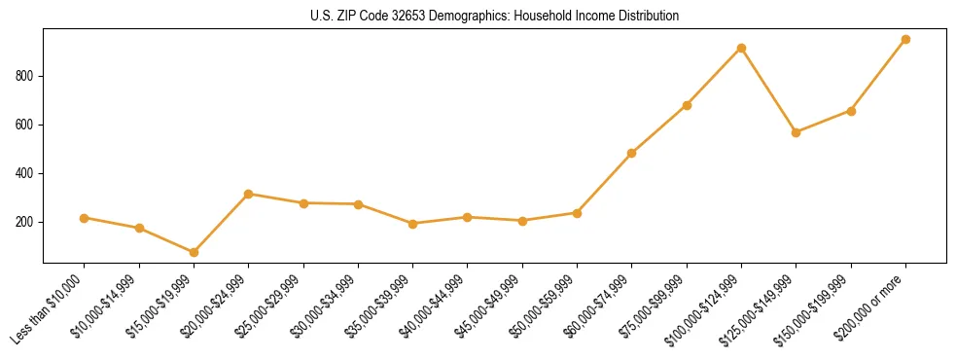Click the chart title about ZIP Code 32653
click(x=494, y=17)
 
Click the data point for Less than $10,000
click(x=85, y=218)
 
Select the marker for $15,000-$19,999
click(x=194, y=252)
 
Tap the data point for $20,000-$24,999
click(x=249, y=194)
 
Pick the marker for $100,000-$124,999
click(x=741, y=48)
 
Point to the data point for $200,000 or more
click(x=905, y=40)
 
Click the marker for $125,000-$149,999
click(x=796, y=132)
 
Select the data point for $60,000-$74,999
click(x=632, y=153)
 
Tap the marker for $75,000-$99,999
click(x=687, y=105)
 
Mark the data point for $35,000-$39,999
click(x=413, y=224)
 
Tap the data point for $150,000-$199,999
click(x=851, y=111)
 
